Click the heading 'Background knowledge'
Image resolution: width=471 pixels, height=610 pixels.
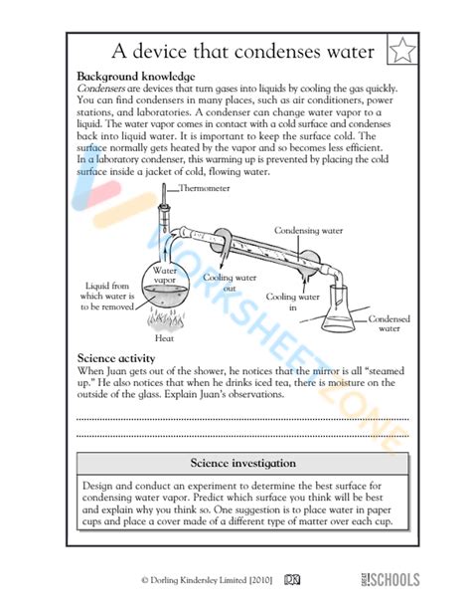(135, 77)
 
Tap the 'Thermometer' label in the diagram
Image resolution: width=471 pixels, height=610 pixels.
(203, 188)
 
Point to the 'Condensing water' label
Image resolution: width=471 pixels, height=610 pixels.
(309, 230)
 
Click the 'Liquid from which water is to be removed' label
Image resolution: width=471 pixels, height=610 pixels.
(108, 295)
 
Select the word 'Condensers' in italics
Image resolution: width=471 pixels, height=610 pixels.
(102, 88)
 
